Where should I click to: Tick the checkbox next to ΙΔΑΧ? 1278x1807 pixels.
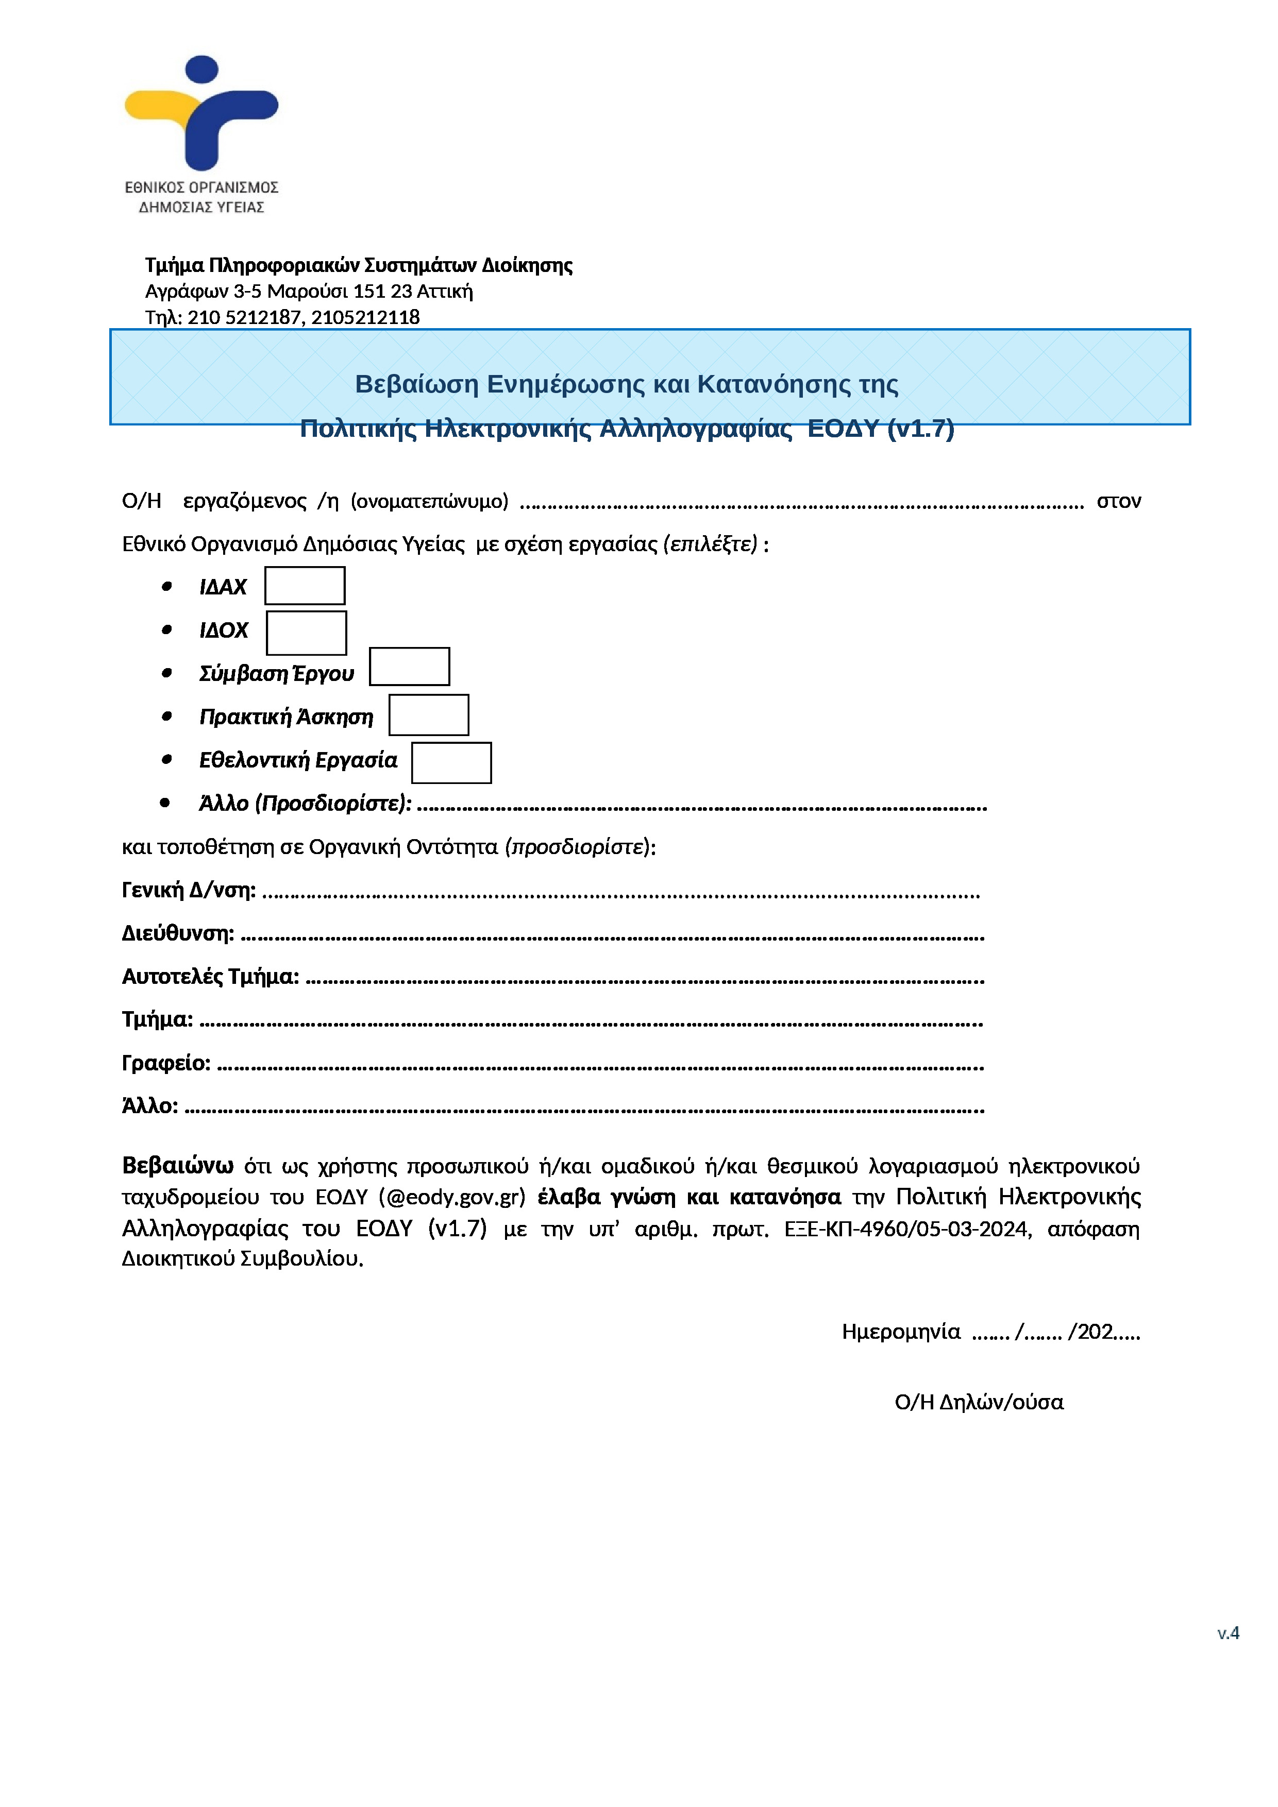(305, 586)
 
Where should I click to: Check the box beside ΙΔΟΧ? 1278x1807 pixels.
(306, 632)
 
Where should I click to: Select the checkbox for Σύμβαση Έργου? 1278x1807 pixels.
(410, 667)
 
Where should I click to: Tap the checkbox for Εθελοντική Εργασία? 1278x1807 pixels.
(451, 763)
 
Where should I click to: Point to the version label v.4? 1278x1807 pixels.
(1227, 1632)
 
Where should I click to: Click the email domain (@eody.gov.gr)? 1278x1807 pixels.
(452, 1197)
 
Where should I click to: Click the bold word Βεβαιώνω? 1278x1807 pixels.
(178, 1165)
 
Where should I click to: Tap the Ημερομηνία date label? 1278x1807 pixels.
(901, 1331)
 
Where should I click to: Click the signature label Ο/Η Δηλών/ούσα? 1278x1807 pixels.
(979, 1402)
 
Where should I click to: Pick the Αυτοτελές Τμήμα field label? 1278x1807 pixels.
(210, 976)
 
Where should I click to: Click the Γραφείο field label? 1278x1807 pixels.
(166, 1063)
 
